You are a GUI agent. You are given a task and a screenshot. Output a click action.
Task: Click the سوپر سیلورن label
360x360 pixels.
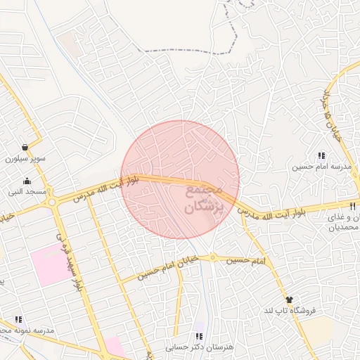[25, 159]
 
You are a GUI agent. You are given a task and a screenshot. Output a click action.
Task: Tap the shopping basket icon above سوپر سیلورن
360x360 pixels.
[25, 148]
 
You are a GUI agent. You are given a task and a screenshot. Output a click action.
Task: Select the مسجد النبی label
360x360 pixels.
[27, 191]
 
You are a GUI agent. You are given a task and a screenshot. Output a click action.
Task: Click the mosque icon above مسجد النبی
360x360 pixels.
[27, 181]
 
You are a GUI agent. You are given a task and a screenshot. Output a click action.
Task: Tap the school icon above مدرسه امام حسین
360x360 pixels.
[321, 156]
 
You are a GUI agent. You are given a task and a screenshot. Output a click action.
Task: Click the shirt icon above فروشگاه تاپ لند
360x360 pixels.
[290, 300]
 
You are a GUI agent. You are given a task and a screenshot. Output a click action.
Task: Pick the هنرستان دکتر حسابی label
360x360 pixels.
[200, 347]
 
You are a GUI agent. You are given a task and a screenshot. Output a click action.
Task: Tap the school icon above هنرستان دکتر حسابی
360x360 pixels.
[200, 336]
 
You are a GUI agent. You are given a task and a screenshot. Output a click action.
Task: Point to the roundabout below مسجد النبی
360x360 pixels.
[52, 203]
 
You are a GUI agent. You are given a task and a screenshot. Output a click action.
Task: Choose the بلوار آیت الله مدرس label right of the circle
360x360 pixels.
[271, 212]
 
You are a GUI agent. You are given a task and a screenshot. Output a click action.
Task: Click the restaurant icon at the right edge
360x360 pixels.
[353, 206]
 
